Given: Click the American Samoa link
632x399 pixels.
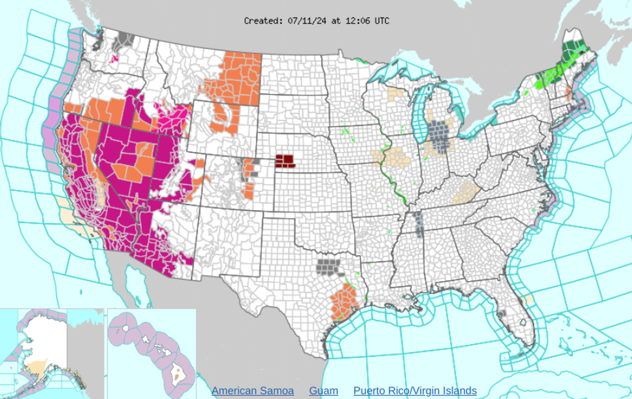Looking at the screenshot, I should coord(252,391).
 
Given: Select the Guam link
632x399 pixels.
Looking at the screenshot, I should coord(323,391).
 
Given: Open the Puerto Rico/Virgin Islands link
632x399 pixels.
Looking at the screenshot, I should coord(415,391).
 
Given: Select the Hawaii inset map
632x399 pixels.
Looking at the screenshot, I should coord(152,351).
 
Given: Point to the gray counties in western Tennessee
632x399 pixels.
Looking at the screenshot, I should coord(419,224).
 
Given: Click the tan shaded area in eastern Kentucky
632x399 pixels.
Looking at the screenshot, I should coord(466,191).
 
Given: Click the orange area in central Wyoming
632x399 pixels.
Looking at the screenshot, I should coord(222,116).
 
